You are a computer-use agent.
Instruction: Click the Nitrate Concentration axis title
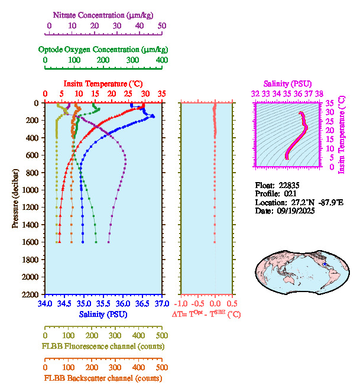[105, 13]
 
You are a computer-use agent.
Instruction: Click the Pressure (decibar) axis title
[16, 198]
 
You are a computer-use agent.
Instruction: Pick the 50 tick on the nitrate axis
[162, 26]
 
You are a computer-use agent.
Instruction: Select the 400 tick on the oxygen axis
[162, 60]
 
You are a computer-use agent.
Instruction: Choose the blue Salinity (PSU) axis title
[103, 314]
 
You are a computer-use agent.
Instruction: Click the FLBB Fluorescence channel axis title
[103, 346]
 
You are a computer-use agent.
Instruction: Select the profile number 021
[290, 193]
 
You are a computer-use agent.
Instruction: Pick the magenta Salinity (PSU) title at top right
[287, 84]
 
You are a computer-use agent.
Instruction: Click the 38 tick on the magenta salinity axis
[319, 93]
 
